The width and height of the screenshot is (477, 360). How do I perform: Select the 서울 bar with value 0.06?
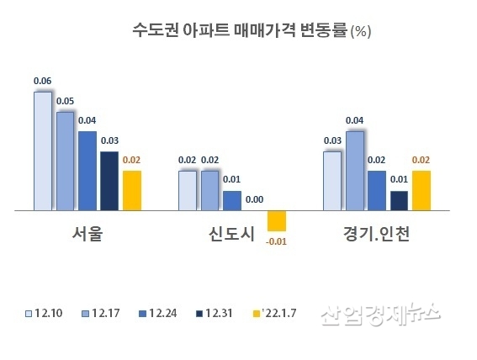click(x=43, y=151)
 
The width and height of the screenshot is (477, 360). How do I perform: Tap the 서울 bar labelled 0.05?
click(x=65, y=161)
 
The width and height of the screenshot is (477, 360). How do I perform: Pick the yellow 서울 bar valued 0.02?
click(x=131, y=190)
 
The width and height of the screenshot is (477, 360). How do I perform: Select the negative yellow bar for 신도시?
click(x=277, y=220)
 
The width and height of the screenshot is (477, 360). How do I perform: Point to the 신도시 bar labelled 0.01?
click(x=232, y=201)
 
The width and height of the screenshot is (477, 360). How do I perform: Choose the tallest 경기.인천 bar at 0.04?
click(x=355, y=171)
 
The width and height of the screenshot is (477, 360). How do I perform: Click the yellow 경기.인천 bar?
click(x=421, y=190)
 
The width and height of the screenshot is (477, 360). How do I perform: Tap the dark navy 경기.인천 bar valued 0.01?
click(x=399, y=201)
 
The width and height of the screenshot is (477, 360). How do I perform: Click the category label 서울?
click(x=87, y=235)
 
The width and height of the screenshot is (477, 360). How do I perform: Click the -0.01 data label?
click(x=277, y=243)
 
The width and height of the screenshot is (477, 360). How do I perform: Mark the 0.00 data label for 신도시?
click(x=255, y=200)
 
